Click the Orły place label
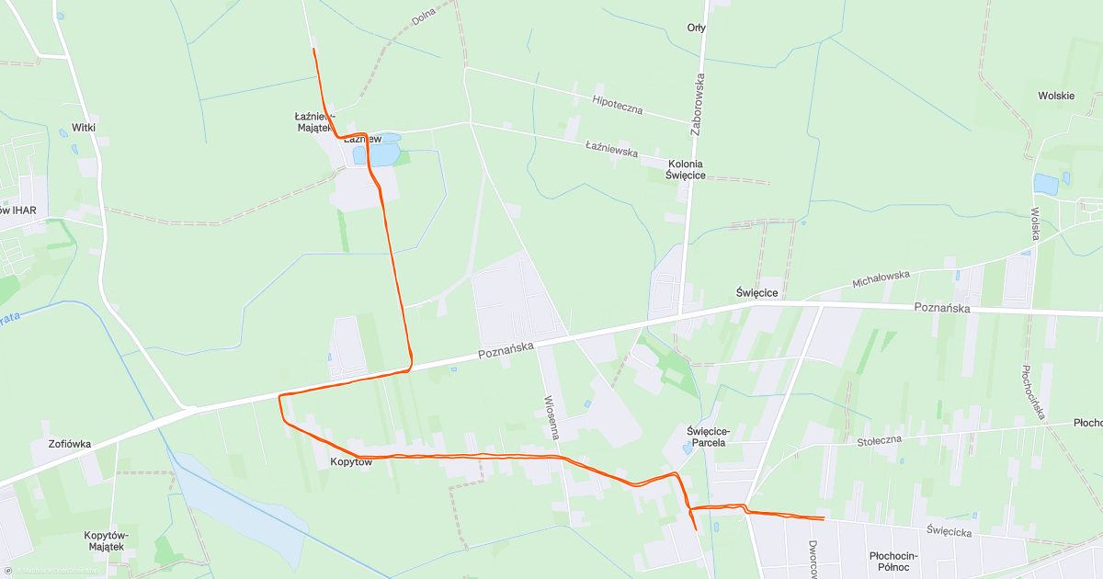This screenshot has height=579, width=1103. (697, 28)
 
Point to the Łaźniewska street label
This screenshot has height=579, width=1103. (611, 147)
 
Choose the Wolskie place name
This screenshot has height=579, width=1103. (1056, 96)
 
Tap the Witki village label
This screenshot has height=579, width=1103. (84, 128)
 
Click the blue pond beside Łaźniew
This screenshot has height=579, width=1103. (384, 149)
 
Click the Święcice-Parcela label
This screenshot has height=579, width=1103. (707, 436)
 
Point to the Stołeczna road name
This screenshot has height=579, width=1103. (881, 441)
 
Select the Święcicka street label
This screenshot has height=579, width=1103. (950, 530)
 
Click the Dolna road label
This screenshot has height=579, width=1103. (423, 17)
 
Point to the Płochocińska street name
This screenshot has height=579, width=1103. (1033, 392)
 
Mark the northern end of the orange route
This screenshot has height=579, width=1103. (314, 49)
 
